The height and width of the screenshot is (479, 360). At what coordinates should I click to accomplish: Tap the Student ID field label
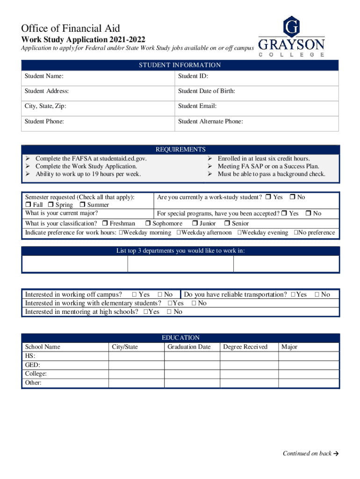pos(193,76)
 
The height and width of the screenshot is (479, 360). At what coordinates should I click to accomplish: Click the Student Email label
pos(197,106)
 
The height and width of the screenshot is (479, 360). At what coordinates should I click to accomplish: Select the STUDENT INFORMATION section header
pos(180,65)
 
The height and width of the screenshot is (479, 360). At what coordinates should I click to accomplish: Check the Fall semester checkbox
pos(28,205)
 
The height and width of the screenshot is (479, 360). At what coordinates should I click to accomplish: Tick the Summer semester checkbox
pos(82,205)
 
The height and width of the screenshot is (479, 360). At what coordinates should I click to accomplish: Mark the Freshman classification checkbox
pos(105,224)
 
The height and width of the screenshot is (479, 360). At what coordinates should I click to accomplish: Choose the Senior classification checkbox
pos(228,224)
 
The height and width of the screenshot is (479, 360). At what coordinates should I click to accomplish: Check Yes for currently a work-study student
pos(268,197)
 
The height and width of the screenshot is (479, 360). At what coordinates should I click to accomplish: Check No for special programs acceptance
pos(309,214)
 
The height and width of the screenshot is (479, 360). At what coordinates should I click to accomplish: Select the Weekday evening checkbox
pos(239,233)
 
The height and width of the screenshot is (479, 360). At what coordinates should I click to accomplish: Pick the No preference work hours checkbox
pos(296,233)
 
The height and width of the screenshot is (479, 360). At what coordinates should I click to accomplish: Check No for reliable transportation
pos(317,295)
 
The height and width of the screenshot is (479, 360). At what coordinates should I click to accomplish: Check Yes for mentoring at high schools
pos(146,312)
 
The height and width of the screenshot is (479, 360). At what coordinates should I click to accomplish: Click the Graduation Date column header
pos(189,347)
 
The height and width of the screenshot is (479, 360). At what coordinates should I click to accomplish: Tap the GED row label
pos(32,365)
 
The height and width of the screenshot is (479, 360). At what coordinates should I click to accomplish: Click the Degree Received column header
pos(245,347)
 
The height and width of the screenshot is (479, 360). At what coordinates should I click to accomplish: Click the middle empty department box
pos(180,264)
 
